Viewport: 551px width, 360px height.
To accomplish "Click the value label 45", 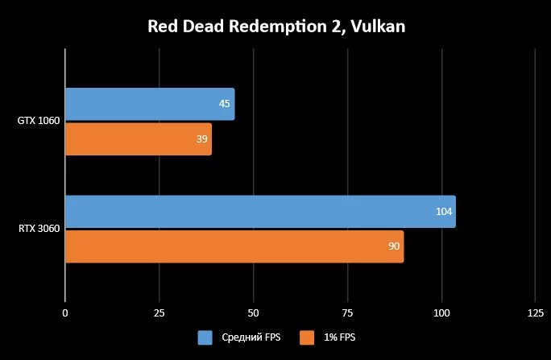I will (225, 104).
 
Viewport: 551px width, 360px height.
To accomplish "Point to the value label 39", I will (202, 139).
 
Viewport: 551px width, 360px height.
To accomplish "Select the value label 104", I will (444, 212).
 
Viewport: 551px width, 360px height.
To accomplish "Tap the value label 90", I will (394, 246).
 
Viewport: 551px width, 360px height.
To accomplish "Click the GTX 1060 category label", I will (38, 122).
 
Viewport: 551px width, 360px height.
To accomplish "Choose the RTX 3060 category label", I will (38, 230).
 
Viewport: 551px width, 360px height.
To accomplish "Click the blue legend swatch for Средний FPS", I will (205, 337).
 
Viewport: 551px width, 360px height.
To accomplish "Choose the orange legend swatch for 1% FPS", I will (307, 337).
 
